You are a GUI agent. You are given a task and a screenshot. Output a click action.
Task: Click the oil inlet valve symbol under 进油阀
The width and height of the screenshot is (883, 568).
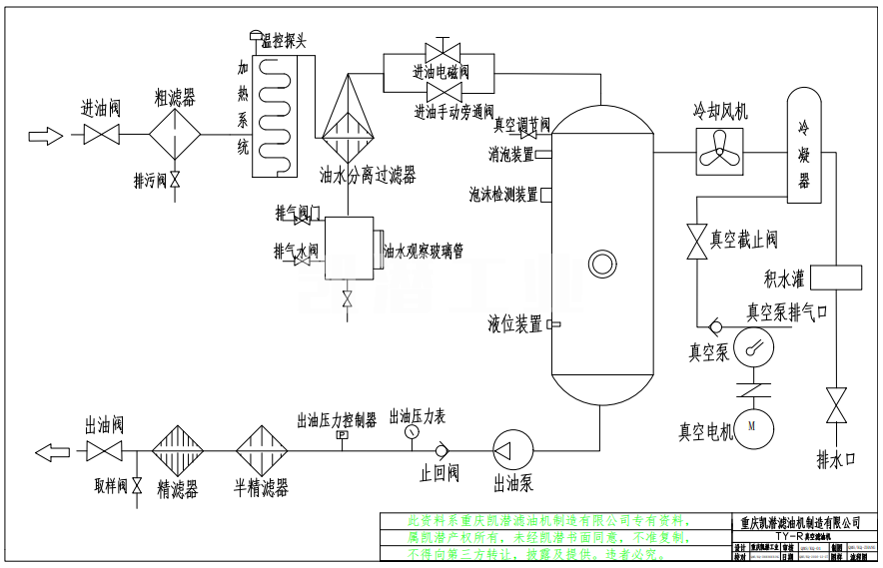click(102, 134)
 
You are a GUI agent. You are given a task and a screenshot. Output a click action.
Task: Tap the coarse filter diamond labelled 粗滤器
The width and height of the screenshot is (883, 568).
click(175, 134)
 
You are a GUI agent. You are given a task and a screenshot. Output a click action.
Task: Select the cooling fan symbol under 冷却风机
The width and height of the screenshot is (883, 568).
click(721, 151)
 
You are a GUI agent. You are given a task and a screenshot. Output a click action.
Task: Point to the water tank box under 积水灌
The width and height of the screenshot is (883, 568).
click(840, 276)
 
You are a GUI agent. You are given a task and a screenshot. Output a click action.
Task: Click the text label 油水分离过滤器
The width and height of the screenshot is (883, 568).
click(367, 176)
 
